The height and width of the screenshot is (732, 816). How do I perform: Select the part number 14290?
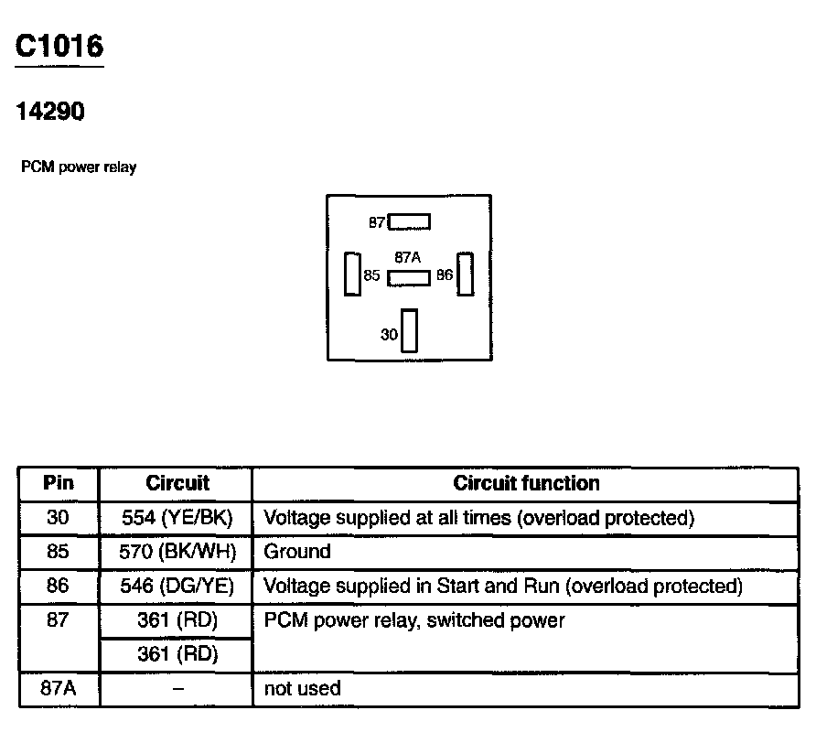pyautogui.click(x=50, y=112)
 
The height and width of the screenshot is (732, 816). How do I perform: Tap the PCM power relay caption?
pyautogui.click(x=79, y=167)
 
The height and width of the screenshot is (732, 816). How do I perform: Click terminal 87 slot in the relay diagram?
pyautogui.click(x=409, y=221)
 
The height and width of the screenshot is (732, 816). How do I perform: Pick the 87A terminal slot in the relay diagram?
pyautogui.click(x=408, y=278)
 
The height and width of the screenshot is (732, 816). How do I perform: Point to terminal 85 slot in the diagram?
pyautogui.click(x=351, y=274)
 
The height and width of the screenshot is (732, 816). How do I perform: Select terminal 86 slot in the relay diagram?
pyautogui.click(x=466, y=274)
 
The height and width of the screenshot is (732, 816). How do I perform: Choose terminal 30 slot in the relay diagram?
pyautogui.click(x=409, y=330)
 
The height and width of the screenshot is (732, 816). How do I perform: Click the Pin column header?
pyautogui.click(x=59, y=483)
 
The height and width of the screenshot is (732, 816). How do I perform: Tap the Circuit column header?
pyautogui.click(x=177, y=483)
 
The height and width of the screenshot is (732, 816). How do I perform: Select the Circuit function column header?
pyautogui.click(x=526, y=483)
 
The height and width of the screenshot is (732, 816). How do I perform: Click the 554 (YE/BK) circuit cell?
pyautogui.click(x=177, y=518)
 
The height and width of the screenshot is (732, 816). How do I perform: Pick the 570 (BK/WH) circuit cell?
pyautogui.click(x=177, y=552)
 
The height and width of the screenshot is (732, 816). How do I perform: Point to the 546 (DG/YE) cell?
pyautogui.click(x=177, y=586)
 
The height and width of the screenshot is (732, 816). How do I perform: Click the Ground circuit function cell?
pyautogui.click(x=297, y=552)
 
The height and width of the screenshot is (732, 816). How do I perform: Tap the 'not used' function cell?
pyautogui.click(x=302, y=688)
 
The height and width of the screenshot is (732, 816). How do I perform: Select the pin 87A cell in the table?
pyautogui.click(x=59, y=688)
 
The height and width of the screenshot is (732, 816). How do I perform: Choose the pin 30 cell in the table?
pyautogui.click(x=59, y=518)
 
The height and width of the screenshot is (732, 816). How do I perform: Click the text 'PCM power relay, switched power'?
pyautogui.click(x=414, y=620)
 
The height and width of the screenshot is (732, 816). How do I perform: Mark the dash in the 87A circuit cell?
pyautogui.click(x=177, y=688)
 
